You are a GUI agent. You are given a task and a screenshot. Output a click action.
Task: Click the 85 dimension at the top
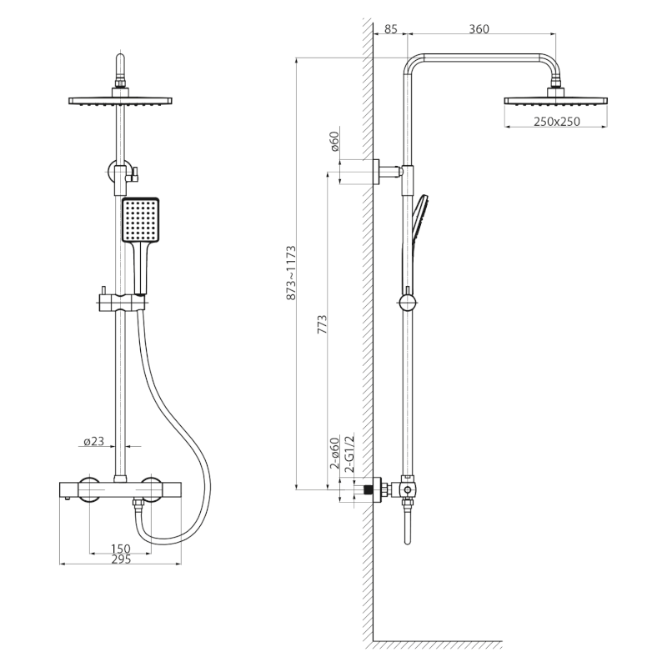click(x=389, y=29)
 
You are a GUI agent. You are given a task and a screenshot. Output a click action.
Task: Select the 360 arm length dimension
click(x=479, y=29)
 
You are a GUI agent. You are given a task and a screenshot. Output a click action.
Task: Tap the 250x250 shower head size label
click(x=556, y=123)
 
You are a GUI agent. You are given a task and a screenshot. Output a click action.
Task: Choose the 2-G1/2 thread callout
click(x=349, y=454)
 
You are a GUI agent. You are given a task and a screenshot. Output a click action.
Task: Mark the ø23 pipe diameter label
click(x=93, y=442)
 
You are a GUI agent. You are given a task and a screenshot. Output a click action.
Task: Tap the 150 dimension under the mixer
click(x=120, y=549)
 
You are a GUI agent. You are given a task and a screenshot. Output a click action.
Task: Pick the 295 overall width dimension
click(x=121, y=559)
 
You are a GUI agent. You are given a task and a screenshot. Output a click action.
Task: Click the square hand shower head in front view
click(x=139, y=219)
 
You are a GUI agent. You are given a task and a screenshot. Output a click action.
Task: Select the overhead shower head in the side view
click(x=555, y=100)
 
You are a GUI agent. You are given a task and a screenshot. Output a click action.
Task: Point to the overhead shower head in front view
click(x=120, y=100)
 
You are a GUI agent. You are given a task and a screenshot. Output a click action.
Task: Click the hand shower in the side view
click(x=417, y=233)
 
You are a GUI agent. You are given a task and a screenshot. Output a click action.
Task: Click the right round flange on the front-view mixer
click(x=152, y=489)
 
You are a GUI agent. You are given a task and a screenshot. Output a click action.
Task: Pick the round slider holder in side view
click(x=407, y=301)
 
